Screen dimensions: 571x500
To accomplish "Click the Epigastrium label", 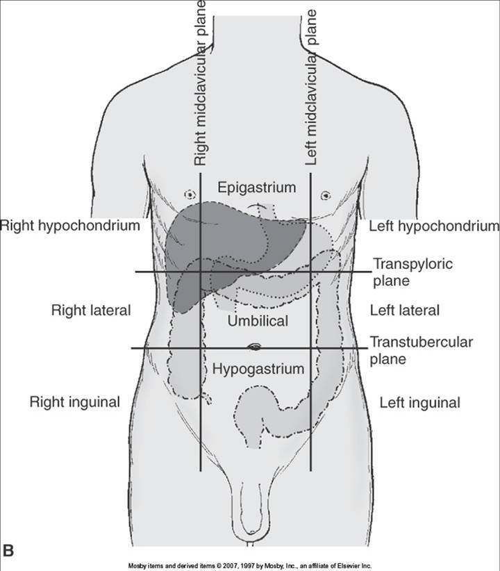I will tap(257, 188).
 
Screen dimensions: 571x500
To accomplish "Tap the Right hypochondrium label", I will tap(70, 226).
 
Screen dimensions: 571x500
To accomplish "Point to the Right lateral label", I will tap(91, 311).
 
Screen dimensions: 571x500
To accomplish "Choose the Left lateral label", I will tap(405, 311).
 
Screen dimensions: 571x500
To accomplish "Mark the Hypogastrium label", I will tap(259, 369).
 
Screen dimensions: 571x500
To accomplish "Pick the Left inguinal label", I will tap(419, 402).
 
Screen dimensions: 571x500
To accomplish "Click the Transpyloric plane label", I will tap(412, 272).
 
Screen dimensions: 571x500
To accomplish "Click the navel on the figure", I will tap(255, 347).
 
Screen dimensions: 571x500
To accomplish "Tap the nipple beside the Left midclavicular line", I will tap(324, 196).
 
